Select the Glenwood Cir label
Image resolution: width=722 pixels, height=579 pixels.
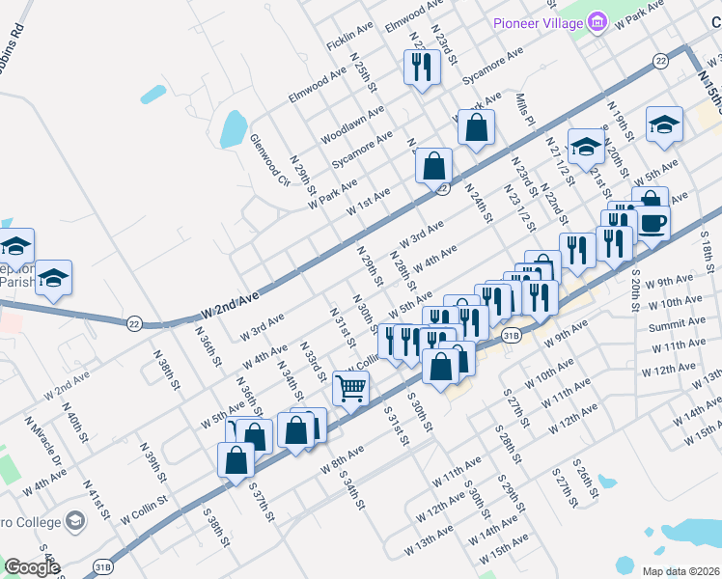pos(269,159)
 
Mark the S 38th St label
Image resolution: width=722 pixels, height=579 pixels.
pos(214,525)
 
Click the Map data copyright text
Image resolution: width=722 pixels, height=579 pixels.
pos(680,571)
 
